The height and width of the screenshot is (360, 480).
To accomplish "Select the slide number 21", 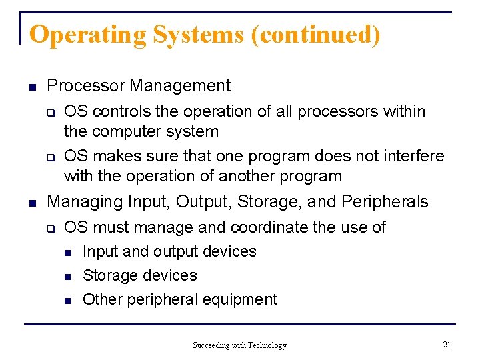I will [447, 344].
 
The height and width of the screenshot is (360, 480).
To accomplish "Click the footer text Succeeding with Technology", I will [240, 345].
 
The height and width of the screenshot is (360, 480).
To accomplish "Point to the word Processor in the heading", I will [87, 86].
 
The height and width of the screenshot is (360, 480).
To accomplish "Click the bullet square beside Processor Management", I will [31, 87].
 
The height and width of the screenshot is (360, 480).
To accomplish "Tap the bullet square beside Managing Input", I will [31, 201].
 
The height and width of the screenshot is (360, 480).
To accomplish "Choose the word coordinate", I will [269, 227].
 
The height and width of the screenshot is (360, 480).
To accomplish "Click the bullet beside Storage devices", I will [67, 276].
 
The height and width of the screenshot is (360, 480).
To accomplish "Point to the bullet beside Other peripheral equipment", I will [67, 300].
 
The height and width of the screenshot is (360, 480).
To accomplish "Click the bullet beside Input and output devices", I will [67, 252].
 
